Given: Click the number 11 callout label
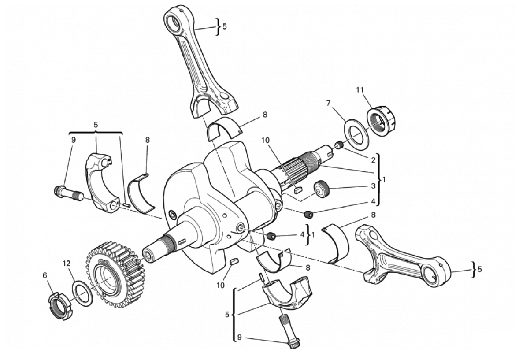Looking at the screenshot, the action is tap(360, 90).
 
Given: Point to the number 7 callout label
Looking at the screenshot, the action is tap(328, 104).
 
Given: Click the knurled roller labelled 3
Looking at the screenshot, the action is tap(321, 189).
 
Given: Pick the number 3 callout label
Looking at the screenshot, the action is tap(373, 186).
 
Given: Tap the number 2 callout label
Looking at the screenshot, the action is tap(373, 160).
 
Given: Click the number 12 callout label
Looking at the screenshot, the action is tap(67, 264).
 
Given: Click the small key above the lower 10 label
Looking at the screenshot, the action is tap(234, 261).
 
